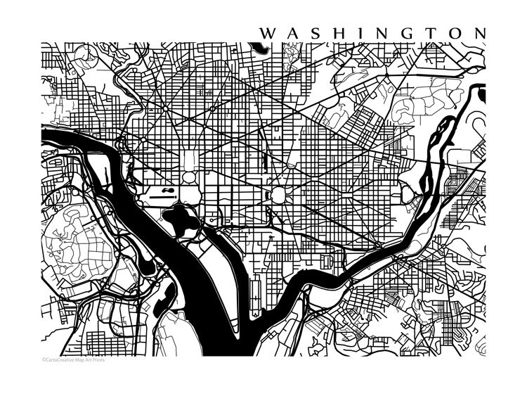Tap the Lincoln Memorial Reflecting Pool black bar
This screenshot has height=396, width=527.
coord(162,198)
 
